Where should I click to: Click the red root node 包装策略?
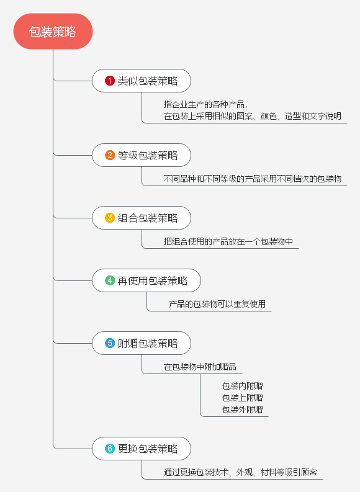[x=53, y=32]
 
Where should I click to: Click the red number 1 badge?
[x=109, y=81]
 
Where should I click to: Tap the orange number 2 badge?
[x=109, y=155]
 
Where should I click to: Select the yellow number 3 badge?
[x=109, y=218]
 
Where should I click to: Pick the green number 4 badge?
[x=109, y=280]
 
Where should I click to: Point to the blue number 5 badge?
[x=109, y=343]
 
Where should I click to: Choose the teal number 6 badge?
[x=109, y=449]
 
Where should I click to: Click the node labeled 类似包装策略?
[x=142, y=81]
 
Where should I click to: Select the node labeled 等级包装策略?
[x=142, y=155]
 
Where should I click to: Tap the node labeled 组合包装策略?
[x=142, y=218]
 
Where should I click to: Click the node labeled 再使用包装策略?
[x=146, y=280]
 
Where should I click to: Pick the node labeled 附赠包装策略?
[x=142, y=343]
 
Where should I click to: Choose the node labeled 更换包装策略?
[x=142, y=449]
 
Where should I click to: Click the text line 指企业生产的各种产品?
[x=205, y=104]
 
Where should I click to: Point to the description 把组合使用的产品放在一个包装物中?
[x=228, y=241]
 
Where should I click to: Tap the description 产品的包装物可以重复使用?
[x=217, y=304]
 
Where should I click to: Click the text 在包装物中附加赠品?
[x=200, y=367]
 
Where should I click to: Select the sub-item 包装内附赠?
[x=242, y=386]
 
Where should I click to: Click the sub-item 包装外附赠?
[x=242, y=409]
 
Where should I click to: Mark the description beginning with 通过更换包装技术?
[x=240, y=472]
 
